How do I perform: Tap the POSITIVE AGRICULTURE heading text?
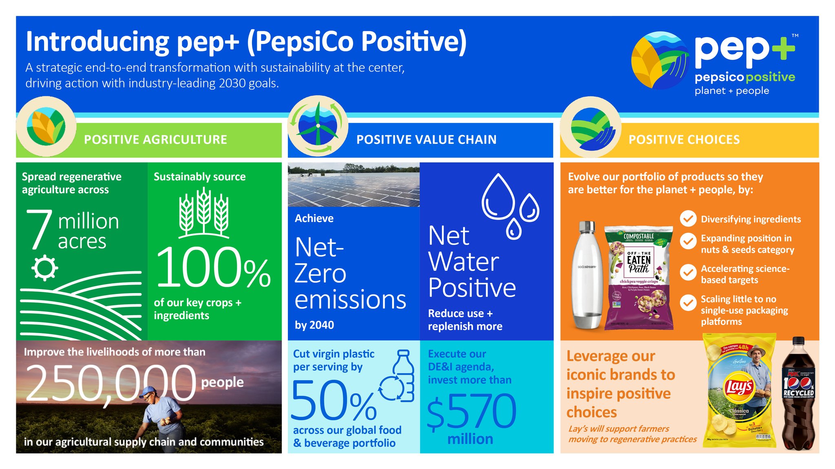coord(155,140)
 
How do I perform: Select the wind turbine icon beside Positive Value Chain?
coord(318,126)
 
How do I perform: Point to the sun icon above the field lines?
coord(44,268)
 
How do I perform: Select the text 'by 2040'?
coord(314,325)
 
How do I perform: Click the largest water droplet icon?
coord(498,197)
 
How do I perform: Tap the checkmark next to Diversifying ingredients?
coord(688,219)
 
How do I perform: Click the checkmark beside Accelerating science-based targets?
coord(688,272)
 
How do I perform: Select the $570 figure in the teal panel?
coord(472,411)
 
